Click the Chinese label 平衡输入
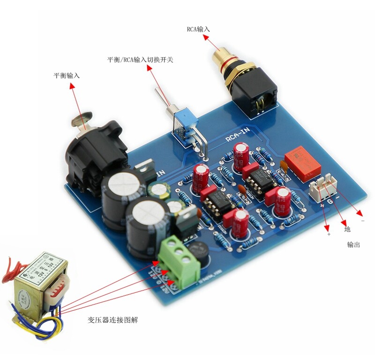67,76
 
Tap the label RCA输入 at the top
198,29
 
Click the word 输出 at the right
354,245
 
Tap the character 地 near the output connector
347,230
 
